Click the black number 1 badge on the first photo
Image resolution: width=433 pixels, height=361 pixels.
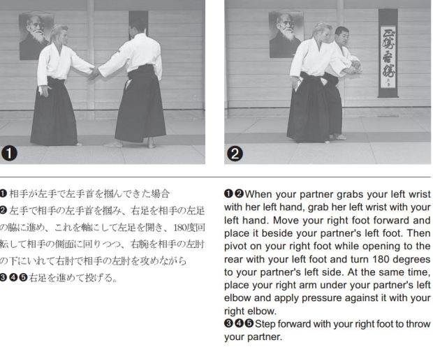point(9,154)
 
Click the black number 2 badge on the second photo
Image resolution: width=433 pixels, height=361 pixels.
point(235,154)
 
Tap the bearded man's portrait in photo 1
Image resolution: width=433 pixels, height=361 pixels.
point(36,36)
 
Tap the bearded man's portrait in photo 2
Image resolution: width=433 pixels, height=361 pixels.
point(286,34)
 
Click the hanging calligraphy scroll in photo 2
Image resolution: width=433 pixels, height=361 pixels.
point(388,53)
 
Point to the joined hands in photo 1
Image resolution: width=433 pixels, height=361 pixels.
point(94,73)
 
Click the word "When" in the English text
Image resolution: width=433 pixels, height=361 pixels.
point(258,194)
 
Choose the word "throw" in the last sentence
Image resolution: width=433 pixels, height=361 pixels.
point(418,324)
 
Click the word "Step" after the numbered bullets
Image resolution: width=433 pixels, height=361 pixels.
point(265,324)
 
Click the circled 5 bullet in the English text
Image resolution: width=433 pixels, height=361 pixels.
point(249,323)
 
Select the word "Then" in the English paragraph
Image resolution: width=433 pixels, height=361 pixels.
point(418,233)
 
